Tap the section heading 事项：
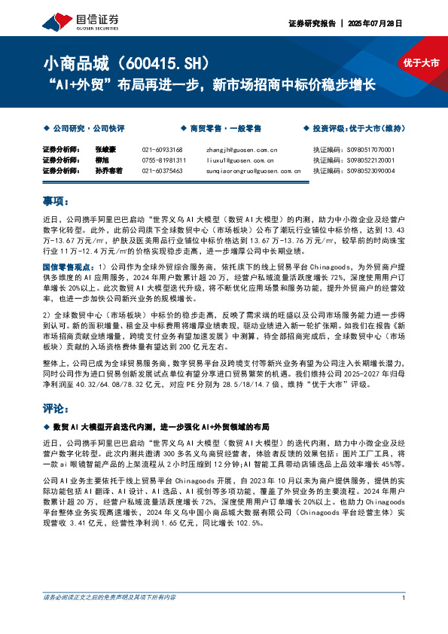[56, 202]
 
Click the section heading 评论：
[56, 409]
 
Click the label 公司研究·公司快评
[83, 129]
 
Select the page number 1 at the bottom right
[404, 620]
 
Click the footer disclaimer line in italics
[109, 619]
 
